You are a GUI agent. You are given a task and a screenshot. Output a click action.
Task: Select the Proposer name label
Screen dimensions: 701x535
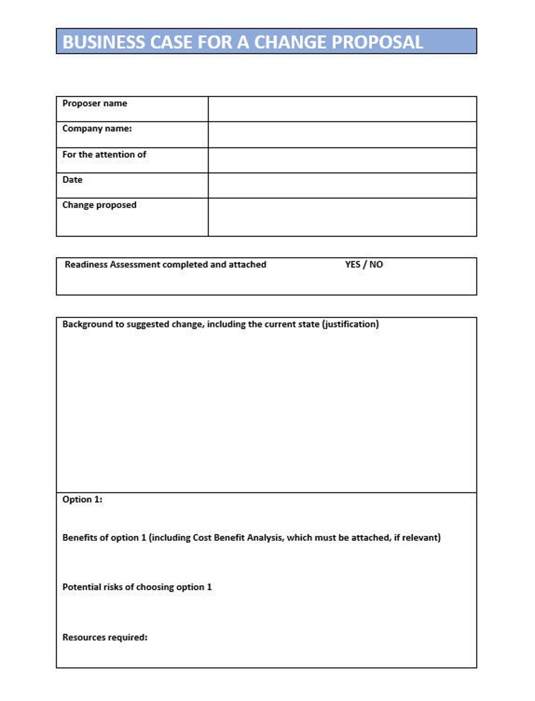tap(95, 103)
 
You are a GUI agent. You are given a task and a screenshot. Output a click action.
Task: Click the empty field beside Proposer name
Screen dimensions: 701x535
tap(342, 109)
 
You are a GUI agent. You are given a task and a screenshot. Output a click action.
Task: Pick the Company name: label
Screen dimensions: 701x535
tap(97, 129)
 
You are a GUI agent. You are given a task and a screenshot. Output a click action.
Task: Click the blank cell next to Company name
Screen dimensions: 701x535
tap(342, 135)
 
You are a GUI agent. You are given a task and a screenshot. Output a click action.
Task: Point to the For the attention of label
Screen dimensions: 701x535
tap(104, 154)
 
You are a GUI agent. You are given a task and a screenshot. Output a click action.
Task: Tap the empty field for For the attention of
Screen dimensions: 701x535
tap(342, 160)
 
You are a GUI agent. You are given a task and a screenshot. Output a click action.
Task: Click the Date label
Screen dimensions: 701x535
tap(72, 180)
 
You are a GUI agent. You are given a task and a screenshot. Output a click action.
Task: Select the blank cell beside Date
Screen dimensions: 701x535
tap(342, 186)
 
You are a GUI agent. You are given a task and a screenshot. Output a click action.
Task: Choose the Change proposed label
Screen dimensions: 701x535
tap(99, 205)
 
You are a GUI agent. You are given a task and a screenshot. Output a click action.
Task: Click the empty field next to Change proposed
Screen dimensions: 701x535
tap(342, 217)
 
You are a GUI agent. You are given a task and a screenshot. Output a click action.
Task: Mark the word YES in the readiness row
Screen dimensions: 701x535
tap(352, 265)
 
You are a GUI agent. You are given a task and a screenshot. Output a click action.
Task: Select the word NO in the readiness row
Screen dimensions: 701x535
tap(376, 265)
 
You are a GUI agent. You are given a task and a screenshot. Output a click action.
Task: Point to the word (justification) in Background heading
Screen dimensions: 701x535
tap(350, 324)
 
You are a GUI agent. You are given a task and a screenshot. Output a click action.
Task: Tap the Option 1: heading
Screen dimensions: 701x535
tap(82, 500)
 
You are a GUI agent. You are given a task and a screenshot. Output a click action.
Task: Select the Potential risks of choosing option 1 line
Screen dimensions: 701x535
tap(137, 587)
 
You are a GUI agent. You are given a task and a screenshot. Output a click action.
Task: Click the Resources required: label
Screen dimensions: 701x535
tap(105, 638)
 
